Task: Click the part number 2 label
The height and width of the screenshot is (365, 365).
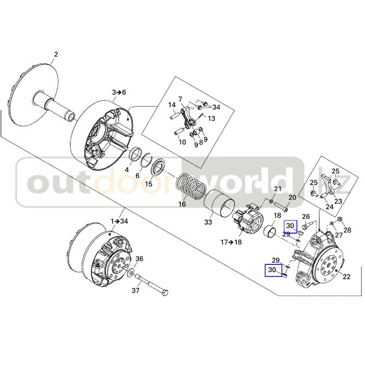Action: [56, 54]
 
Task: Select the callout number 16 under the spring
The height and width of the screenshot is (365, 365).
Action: [182, 204]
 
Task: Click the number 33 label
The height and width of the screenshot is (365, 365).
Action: [208, 223]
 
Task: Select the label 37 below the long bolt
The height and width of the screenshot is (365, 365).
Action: [135, 290]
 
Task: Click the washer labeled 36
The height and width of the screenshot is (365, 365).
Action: [130, 273]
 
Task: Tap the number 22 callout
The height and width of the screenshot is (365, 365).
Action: [346, 277]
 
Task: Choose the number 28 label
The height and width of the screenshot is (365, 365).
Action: [347, 230]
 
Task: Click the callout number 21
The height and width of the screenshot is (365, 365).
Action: [278, 189]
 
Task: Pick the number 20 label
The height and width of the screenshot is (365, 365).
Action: [292, 198]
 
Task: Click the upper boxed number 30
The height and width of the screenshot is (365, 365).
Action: [290, 226]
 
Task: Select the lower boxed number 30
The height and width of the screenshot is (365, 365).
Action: [272, 270]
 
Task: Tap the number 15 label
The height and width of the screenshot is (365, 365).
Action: [149, 184]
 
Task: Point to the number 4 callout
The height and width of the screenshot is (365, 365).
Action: [127, 170]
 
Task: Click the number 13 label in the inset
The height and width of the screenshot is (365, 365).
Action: [211, 118]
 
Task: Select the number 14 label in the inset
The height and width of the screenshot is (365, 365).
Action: [172, 105]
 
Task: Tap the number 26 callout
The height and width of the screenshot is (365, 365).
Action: [306, 216]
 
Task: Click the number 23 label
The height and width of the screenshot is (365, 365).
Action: [338, 201]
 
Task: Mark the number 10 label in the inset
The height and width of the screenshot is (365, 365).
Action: [182, 142]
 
